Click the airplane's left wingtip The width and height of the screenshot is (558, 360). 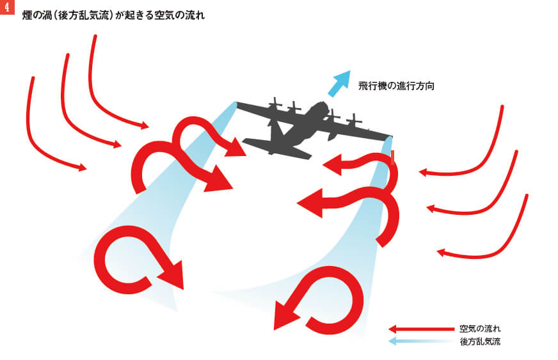click(x=238, y=104)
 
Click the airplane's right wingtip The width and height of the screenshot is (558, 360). click(x=390, y=136)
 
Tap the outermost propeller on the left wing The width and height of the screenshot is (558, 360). click(x=276, y=104)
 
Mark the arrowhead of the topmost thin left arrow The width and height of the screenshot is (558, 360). click(x=145, y=125)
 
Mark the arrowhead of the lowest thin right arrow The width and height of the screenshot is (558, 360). click(x=442, y=253)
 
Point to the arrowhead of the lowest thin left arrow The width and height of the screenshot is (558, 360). click(x=82, y=168)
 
